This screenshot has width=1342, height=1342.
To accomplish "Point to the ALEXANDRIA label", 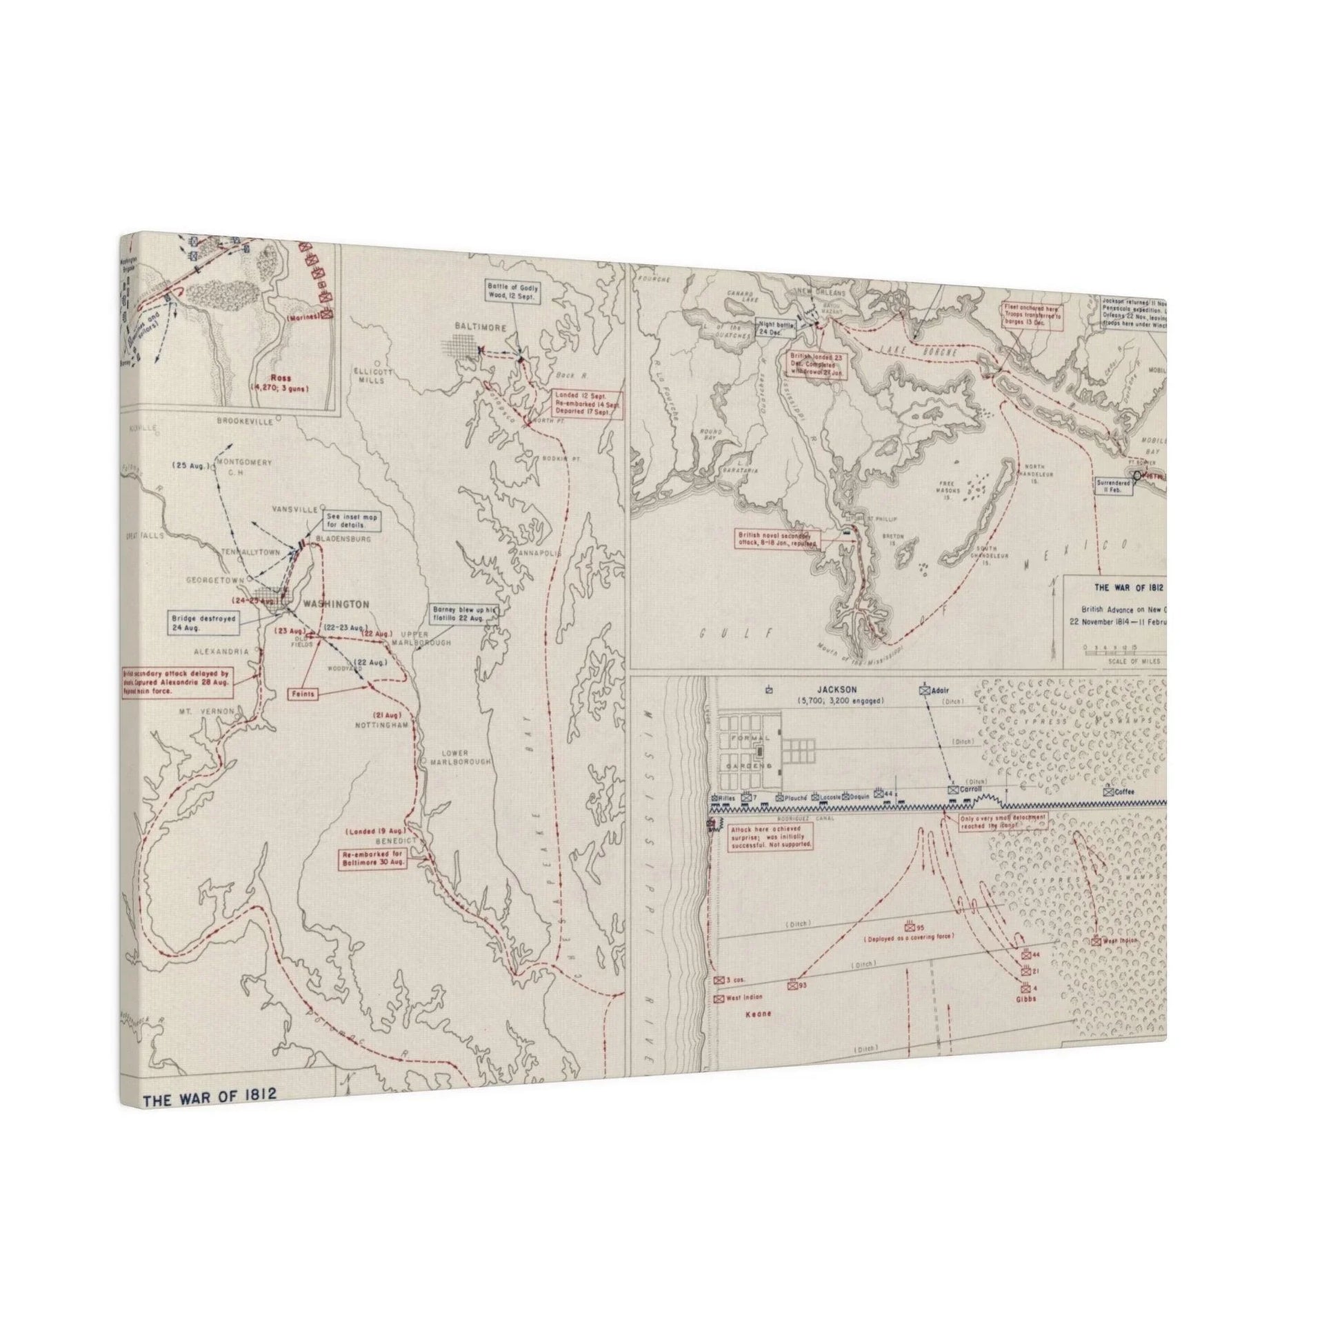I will (221, 652).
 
